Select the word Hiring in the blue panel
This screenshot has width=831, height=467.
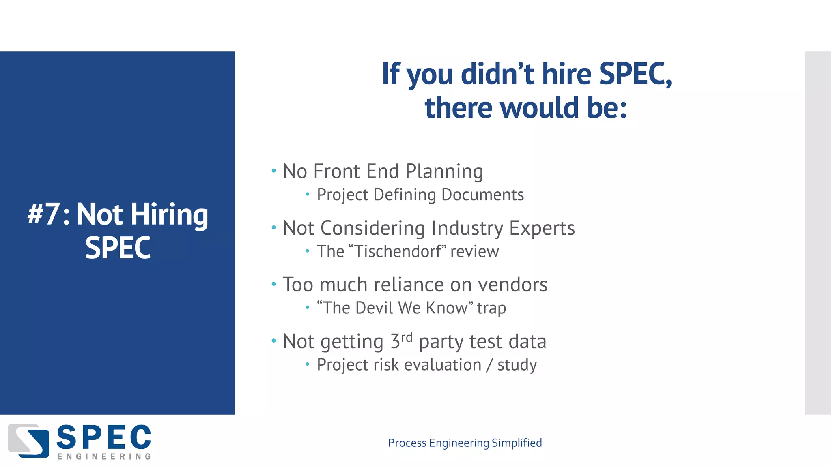point(169,215)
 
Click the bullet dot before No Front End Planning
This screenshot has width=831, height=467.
point(274,171)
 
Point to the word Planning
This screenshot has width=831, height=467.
point(444,172)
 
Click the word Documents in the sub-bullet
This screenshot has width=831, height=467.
point(482,195)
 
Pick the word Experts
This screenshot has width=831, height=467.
point(542,228)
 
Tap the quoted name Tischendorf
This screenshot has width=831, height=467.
point(398,251)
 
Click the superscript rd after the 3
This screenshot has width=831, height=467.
point(407,337)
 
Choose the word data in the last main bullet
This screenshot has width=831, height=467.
point(527,341)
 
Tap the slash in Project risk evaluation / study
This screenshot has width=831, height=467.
point(489,365)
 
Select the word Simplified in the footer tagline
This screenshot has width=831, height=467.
point(517,443)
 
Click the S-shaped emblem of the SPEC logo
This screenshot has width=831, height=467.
point(28,441)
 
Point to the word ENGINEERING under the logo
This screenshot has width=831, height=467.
point(104,457)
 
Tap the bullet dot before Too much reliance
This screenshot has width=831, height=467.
point(274,284)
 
